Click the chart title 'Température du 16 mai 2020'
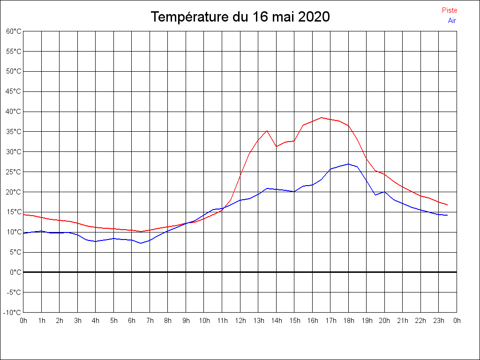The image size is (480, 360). coord(240,17)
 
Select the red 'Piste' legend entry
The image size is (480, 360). coord(449,10)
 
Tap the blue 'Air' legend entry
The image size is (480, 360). coord(451,21)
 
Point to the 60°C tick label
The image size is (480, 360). coord(14,31)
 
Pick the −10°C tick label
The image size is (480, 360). coord(13,313)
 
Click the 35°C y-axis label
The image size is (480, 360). coord(14,132)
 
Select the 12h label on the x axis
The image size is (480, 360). coord(240,321)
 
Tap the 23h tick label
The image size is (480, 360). coord(438,321)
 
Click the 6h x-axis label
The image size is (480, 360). coord(132,321)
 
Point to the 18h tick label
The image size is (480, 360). coord(348,321)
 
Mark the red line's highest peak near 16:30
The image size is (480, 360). coord(322,118)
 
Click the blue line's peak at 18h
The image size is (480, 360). coord(348,164)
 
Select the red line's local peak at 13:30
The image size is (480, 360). coord(267,131)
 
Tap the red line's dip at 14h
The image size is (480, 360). coord(277,146)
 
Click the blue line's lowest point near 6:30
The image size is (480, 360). coord(141,243)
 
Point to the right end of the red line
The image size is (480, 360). coord(448,205)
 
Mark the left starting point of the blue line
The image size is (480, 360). coord(23,233)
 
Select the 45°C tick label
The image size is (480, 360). coord(14,91)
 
